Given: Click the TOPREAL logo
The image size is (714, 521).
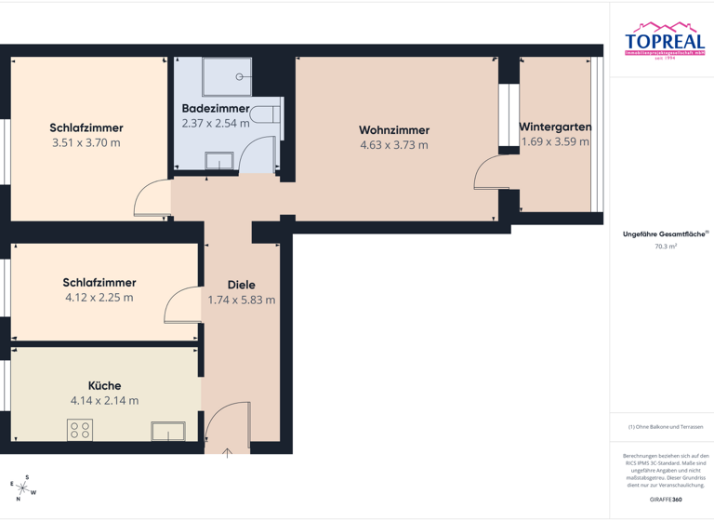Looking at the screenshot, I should point(664,41).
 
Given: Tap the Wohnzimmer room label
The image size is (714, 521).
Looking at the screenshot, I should point(393,129).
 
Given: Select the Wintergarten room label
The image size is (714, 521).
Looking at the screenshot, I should point(555,127).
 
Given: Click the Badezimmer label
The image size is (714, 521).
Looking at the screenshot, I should point(216,108).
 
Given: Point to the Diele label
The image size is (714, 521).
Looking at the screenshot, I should point(241,285).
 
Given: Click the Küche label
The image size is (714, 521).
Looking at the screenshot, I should point(104,385).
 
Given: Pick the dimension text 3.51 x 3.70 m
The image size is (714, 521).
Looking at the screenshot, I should point(86,143).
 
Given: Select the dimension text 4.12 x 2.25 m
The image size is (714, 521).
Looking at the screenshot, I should point(99,298).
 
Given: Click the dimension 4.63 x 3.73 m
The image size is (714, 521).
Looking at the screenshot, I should point(393,145).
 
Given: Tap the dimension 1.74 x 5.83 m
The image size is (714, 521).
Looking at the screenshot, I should point(241,301).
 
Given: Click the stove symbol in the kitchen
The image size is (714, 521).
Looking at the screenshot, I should point(80,430).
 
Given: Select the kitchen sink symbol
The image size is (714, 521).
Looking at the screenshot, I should point(168,431).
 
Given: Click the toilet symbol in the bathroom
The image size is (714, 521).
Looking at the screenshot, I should point(267,114).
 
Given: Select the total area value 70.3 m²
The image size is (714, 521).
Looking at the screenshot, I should point(664,247).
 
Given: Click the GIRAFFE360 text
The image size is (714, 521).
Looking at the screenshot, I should point(664,501).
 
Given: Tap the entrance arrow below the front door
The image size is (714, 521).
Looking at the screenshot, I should point(228,453).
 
